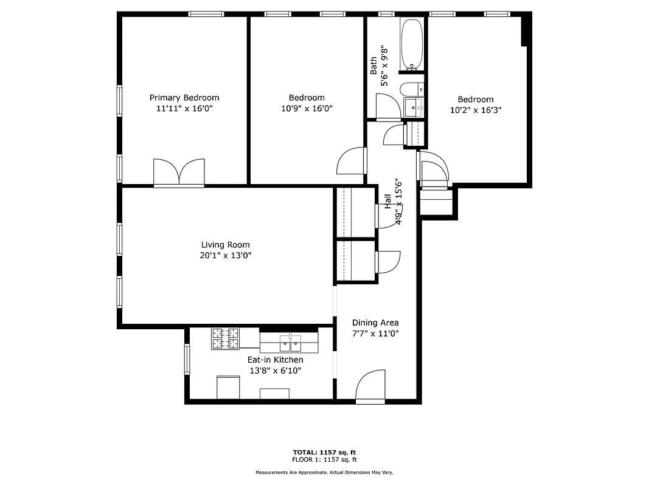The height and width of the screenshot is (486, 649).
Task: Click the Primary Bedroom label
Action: [x=184, y=98]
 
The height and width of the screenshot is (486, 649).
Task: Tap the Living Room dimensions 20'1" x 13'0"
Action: [x=225, y=256]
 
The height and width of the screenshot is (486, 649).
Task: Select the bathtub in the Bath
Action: [x=412, y=44]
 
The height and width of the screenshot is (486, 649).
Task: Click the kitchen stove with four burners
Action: [x=226, y=338]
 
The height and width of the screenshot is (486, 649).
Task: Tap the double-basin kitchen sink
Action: [x=290, y=343]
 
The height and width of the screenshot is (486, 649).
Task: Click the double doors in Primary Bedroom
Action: [x=179, y=173]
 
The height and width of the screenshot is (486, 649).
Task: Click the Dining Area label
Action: [x=375, y=323]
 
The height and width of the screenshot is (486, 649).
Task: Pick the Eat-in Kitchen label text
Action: [x=275, y=360]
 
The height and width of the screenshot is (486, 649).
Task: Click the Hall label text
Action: [x=388, y=202]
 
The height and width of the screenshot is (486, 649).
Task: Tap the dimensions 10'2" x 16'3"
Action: [x=476, y=110]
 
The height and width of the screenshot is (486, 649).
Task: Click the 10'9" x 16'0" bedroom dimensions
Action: [x=307, y=108]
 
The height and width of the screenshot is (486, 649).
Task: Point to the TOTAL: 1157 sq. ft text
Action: [x=324, y=453]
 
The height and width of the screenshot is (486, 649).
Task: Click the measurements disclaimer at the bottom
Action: [x=324, y=472]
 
